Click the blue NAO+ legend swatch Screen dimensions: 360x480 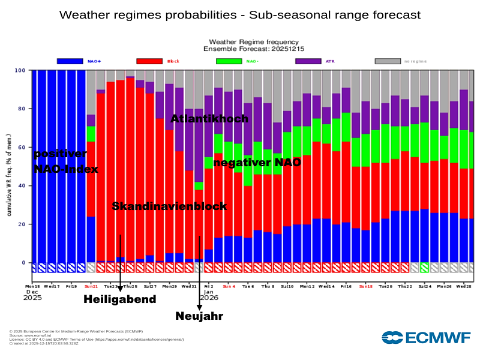70,61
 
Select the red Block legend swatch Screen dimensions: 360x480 149,61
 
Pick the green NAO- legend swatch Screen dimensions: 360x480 229,61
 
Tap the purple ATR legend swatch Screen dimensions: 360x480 308,61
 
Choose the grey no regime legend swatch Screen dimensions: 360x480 388,61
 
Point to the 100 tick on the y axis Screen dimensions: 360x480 20,70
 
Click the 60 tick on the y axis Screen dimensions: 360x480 22,147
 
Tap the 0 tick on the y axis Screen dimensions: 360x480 24,263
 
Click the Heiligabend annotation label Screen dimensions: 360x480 119,299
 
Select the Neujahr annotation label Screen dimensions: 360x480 199,316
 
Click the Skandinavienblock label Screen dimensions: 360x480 169,206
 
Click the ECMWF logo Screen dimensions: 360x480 426,337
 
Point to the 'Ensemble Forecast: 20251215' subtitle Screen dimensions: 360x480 240,49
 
